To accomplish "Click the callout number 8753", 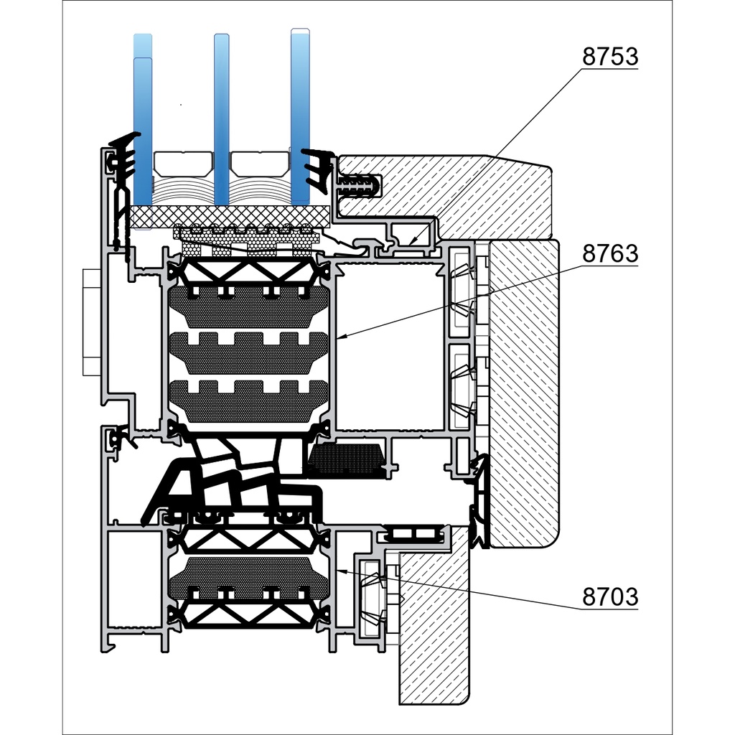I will (609, 57).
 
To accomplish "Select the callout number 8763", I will (609, 254).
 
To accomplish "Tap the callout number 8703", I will (609, 596).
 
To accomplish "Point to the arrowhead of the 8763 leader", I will (338, 337).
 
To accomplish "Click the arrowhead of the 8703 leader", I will (339, 571).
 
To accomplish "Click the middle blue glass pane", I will (222, 118).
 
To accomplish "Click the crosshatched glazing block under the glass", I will (230, 214).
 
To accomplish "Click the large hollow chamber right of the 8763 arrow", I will (390, 345).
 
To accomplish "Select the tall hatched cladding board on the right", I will (524, 395).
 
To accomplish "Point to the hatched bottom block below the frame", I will (431, 632).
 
